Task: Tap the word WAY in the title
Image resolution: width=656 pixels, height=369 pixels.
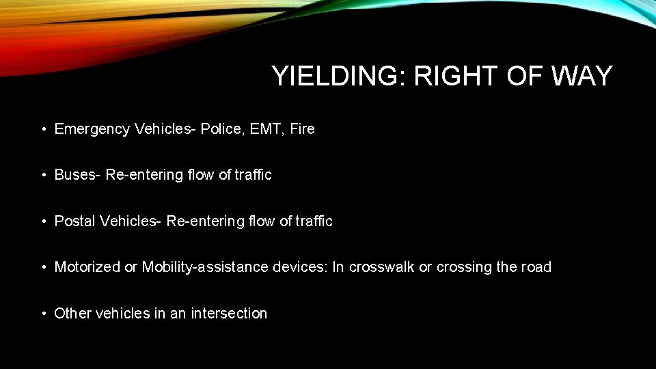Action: coord(582,76)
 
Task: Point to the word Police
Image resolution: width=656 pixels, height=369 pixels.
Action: coord(221,128)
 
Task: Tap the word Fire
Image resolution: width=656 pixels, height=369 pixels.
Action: coord(302,128)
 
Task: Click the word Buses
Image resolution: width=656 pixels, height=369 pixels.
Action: coord(77,175)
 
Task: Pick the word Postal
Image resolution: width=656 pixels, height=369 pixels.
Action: coord(74,221)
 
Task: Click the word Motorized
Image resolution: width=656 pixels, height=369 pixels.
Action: coord(87,267)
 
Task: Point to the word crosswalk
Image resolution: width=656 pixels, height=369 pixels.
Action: coord(381,267)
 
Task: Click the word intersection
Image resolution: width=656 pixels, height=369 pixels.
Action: coord(229,314)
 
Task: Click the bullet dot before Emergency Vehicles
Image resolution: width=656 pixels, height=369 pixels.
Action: coord(43,129)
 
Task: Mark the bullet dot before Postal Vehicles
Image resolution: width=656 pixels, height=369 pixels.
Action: coord(43,221)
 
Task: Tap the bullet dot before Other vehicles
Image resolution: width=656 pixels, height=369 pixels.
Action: coord(43,314)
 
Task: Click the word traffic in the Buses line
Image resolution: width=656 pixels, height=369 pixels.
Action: coord(253,175)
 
